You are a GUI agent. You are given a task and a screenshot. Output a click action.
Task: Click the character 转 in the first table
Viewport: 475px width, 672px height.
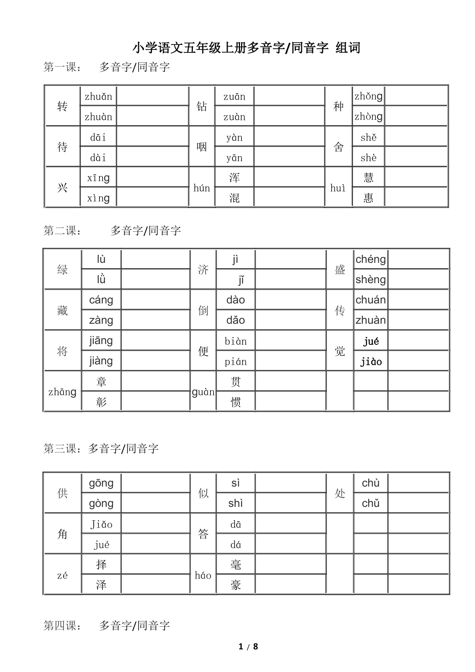pyautogui.click(x=62, y=107)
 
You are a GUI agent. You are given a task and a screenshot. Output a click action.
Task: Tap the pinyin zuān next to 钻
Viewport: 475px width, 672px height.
pyautogui.click(x=234, y=97)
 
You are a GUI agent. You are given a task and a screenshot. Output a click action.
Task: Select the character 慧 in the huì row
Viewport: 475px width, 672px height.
pyautogui.click(x=368, y=177)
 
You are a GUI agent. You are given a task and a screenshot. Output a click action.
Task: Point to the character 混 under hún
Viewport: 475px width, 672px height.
pyautogui.click(x=234, y=198)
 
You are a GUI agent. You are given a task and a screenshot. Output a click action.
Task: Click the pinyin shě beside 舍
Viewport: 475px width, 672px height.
pyautogui.click(x=368, y=138)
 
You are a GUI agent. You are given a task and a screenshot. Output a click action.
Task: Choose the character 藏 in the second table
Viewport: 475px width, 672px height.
pyautogui.click(x=62, y=310)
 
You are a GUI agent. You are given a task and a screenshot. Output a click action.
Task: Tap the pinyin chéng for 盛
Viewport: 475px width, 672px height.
pyautogui.click(x=371, y=259)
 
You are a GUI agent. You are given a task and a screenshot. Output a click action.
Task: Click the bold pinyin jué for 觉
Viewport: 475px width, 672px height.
pyautogui.click(x=371, y=341)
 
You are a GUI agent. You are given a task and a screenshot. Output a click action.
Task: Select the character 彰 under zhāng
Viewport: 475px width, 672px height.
pyautogui.click(x=101, y=402)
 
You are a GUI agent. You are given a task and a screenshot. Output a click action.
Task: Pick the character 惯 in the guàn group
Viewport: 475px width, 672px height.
pyautogui.click(x=236, y=402)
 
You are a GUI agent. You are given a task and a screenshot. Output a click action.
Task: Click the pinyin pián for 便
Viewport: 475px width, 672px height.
pyautogui.click(x=236, y=362)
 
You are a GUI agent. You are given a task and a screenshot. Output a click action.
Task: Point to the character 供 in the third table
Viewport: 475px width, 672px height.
pyautogui.click(x=62, y=493)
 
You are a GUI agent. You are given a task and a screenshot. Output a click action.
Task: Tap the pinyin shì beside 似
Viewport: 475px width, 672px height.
pyautogui.click(x=235, y=503)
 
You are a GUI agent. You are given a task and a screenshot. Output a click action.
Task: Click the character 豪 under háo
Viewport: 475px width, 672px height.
pyautogui.click(x=236, y=585)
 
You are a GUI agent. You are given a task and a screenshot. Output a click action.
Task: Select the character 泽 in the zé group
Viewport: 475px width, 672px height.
pyautogui.click(x=101, y=585)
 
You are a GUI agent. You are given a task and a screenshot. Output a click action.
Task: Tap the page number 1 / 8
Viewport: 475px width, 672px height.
pyautogui.click(x=248, y=647)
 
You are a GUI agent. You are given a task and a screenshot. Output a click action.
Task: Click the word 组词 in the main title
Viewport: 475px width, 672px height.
pyautogui.click(x=348, y=48)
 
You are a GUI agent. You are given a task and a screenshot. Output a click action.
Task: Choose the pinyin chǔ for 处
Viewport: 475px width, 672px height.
pyautogui.click(x=371, y=503)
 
